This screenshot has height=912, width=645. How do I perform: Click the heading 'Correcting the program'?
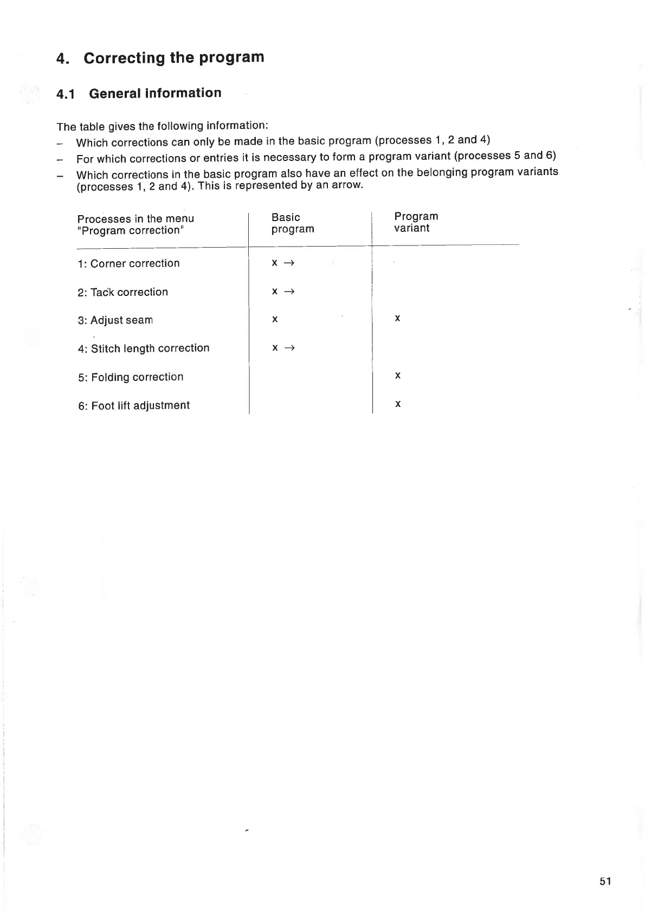pos(173,57)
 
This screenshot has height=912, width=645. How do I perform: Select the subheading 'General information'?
pos(155,93)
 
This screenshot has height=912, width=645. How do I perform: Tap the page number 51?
pos(605,881)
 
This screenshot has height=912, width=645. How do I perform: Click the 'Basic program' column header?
pos(292,223)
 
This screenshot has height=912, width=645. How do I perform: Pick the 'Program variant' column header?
pos(416,222)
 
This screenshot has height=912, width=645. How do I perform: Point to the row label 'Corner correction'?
pos(134,264)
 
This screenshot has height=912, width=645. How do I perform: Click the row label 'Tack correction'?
pos(129,293)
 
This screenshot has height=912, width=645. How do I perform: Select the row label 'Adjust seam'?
pos(121,320)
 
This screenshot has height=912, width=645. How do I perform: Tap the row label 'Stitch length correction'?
pos(150,348)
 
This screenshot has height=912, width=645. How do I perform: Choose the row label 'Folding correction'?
pos(137,377)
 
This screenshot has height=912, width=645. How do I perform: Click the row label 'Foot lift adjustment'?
pos(140,406)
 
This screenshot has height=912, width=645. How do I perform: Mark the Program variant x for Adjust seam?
pos(397,319)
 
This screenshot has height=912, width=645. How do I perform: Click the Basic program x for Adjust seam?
pos(275,320)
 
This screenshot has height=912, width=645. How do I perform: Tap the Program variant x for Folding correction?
pos(397,376)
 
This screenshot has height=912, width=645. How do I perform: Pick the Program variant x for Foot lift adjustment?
pos(397,404)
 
